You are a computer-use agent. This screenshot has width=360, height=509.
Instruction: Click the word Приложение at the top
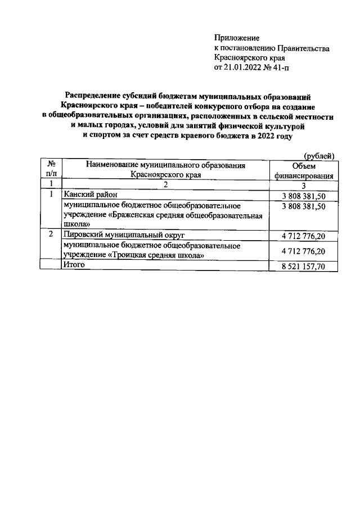click(237, 38)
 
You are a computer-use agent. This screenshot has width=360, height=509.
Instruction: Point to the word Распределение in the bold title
click(96, 96)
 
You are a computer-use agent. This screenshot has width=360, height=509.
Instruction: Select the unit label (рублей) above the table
click(319, 156)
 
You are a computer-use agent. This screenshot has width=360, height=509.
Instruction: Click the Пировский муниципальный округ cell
click(124, 235)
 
